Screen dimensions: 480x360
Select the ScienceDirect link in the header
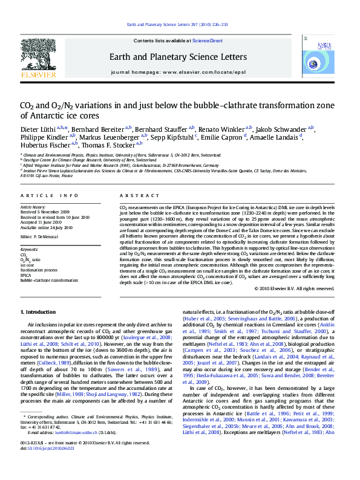208,41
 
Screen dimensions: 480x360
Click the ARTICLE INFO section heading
50,195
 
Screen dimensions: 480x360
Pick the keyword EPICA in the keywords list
27,276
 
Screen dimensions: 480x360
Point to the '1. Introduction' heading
39,312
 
